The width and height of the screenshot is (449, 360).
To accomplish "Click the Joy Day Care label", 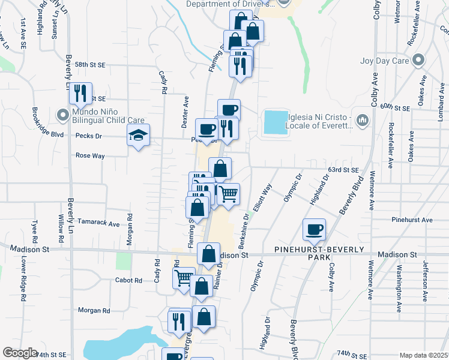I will tap(385, 61).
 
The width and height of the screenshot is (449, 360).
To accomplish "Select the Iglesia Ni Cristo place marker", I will tap(362, 121).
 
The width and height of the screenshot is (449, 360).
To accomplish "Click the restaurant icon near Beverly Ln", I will tap(80, 93).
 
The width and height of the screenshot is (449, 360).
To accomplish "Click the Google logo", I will tap(20, 353).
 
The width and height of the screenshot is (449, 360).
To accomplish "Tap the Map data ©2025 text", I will tap(423, 355).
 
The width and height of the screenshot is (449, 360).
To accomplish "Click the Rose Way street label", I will tap(90, 156).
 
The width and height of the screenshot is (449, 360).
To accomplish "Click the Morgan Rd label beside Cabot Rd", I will tap(94, 311).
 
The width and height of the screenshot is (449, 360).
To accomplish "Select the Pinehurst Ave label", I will tap(411, 220).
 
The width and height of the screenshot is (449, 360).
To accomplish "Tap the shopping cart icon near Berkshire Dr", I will tap(228, 194).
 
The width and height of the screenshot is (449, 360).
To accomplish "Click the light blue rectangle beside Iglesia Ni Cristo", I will tap(275, 123).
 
